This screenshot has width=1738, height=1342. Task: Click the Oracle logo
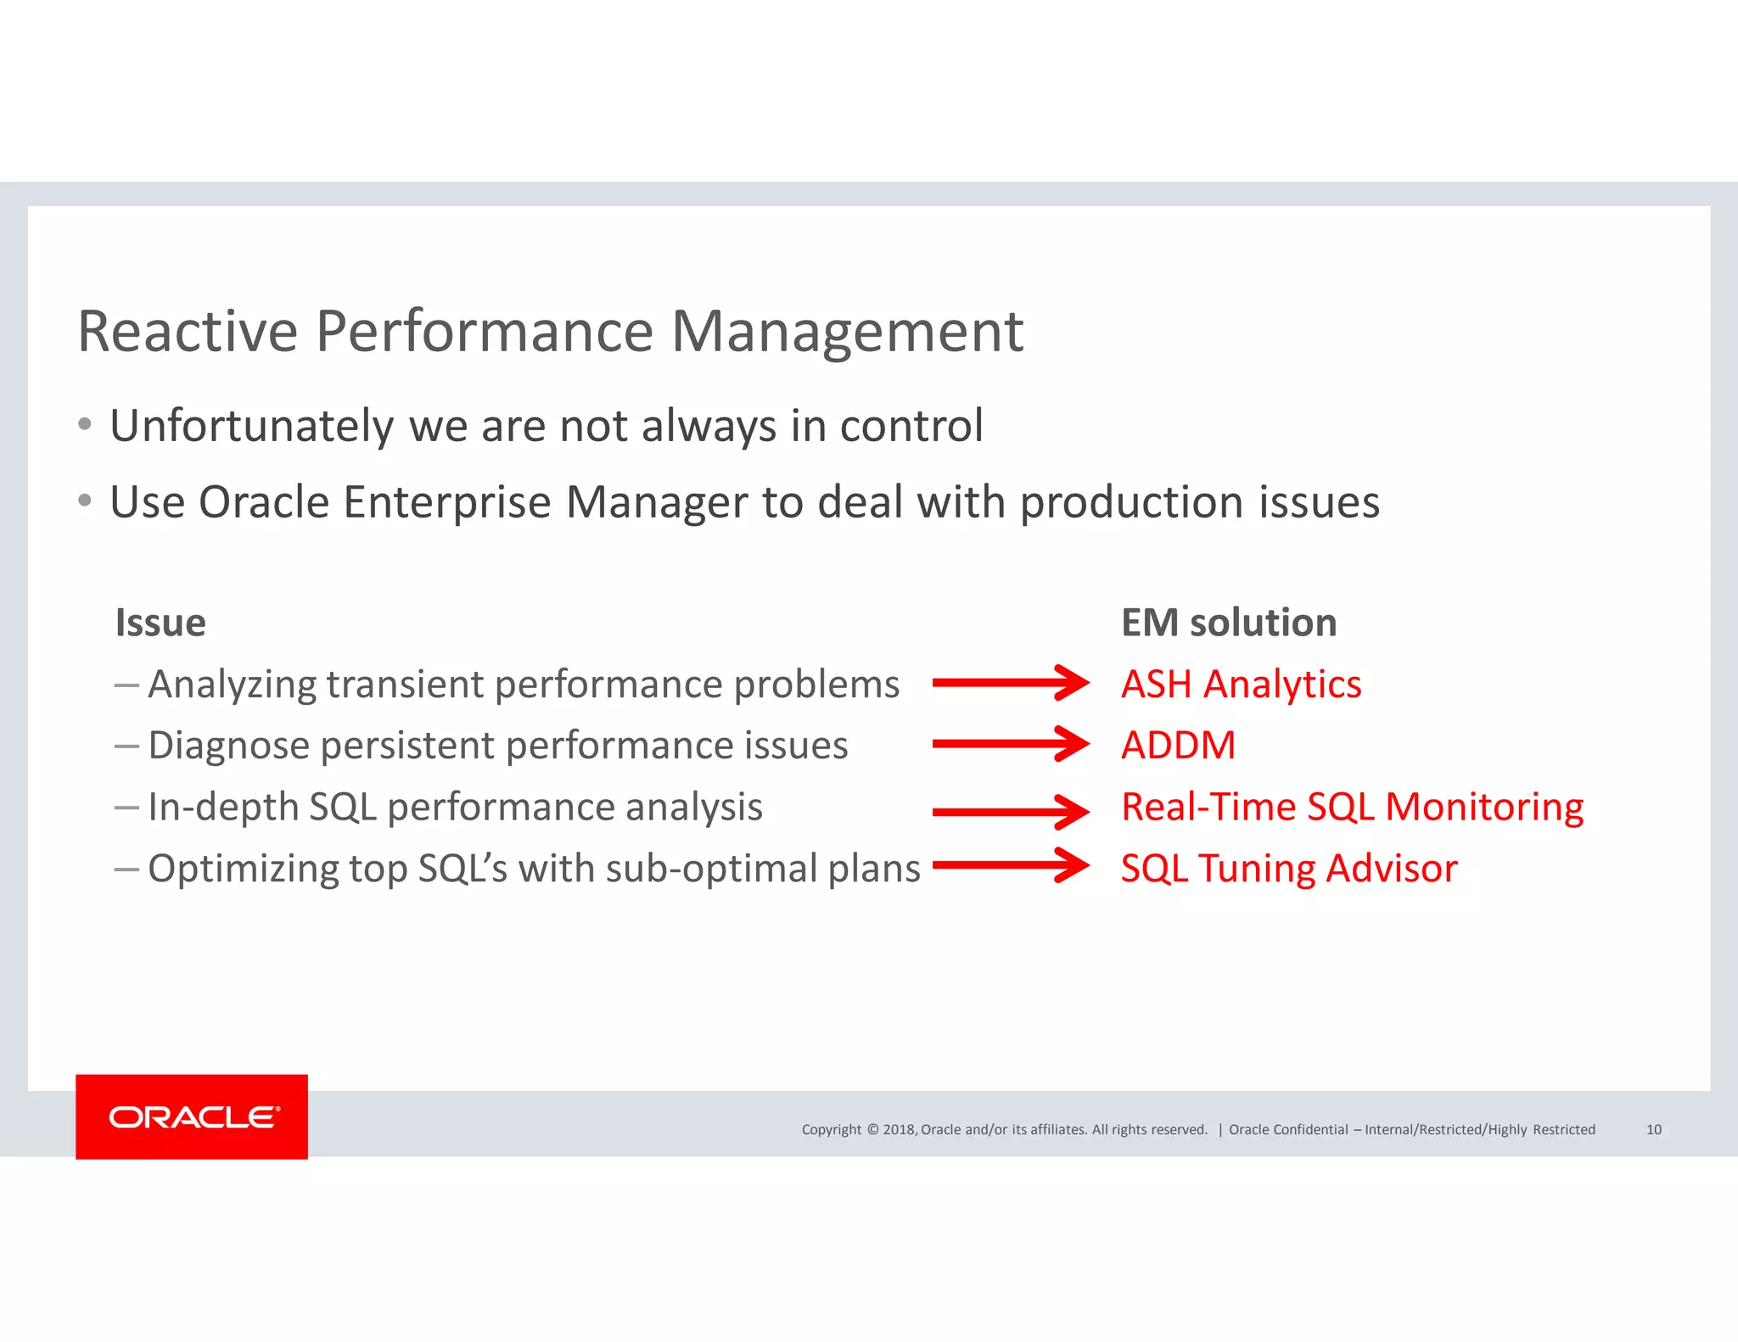(192, 1116)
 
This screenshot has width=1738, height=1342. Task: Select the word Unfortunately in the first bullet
(252, 426)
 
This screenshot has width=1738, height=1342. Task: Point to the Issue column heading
(160, 623)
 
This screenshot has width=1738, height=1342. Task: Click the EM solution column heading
(1229, 623)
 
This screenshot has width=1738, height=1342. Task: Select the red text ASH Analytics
(1241, 684)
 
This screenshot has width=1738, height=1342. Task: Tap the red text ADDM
(1178, 746)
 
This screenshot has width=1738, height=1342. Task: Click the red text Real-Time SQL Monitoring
(1352, 807)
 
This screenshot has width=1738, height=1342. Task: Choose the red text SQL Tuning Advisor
(1289, 869)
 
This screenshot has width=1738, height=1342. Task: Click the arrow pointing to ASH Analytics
(1010, 683)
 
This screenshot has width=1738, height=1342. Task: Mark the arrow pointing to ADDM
(1010, 744)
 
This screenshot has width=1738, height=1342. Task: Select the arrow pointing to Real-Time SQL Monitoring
(1010, 812)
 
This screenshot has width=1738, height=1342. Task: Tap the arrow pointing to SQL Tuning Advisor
(1010, 865)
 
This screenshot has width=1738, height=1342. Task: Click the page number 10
(1653, 1129)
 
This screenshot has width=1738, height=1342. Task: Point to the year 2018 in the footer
(899, 1129)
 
